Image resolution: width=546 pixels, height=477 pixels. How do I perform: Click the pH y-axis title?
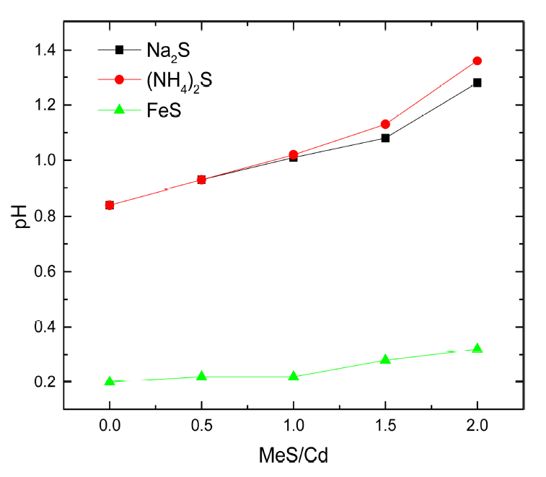point(23,216)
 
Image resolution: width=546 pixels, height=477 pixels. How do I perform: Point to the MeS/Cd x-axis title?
point(294,456)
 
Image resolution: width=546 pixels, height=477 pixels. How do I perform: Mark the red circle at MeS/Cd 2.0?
point(477,61)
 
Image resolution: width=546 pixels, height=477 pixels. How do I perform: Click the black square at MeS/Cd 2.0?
point(477,83)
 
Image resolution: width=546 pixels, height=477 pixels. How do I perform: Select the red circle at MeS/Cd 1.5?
point(385,124)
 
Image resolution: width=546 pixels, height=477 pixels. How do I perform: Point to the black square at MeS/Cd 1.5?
point(385,138)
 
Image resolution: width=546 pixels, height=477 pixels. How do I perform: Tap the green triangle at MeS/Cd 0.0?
point(110,381)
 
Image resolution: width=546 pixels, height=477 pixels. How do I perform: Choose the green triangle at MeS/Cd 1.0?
point(294,376)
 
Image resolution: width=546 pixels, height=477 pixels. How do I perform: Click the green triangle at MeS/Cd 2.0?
point(477,349)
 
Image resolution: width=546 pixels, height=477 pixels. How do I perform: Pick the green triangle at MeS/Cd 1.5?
point(385,359)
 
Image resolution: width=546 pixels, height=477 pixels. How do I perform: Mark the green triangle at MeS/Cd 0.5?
point(201,376)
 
